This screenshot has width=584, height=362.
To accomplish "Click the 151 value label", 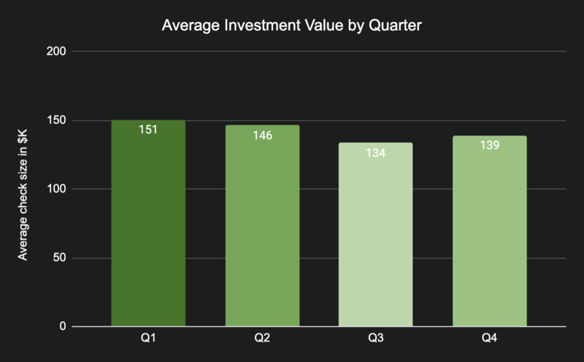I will click(x=148, y=130).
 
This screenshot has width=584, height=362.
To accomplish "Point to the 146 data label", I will click(x=262, y=135).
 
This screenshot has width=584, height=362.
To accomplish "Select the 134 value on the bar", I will click(x=375, y=153).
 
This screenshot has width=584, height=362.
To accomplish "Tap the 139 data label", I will click(x=489, y=145).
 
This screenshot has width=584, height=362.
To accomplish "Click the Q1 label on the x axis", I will click(x=148, y=339).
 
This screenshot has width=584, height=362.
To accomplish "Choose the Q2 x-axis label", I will click(x=262, y=339).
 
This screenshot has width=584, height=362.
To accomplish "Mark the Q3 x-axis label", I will click(x=375, y=339).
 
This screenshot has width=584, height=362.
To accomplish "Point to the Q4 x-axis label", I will click(x=489, y=339).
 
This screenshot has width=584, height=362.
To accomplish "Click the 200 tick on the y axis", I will click(x=57, y=52).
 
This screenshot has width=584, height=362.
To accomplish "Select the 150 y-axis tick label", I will click(x=57, y=120).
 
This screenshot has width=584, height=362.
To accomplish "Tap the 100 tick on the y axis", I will click(x=57, y=189).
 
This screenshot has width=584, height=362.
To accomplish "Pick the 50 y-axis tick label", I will click(x=60, y=258).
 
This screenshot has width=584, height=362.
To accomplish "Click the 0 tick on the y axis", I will click(x=63, y=326).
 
